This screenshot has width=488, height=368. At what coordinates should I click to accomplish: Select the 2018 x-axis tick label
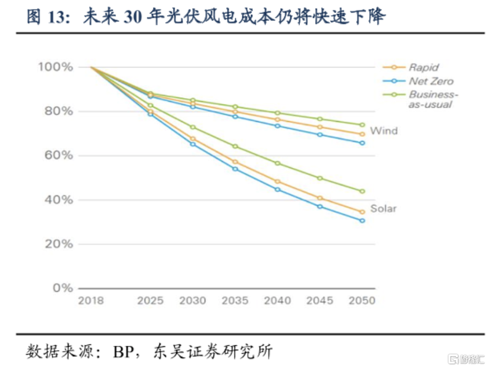(x=91, y=301)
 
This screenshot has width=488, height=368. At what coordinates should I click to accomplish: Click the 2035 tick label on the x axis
(x=235, y=301)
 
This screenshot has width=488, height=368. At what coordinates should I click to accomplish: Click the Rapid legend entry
(x=423, y=67)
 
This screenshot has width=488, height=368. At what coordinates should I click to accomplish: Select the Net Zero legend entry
(x=431, y=81)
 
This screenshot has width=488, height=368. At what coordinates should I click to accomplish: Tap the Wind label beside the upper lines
(x=383, y=131)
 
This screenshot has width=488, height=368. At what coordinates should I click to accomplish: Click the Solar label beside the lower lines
(x=383, y=208)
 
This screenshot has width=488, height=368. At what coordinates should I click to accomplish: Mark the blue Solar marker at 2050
(x=362, y=220)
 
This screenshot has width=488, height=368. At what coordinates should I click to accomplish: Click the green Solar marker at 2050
(x=362, y=191)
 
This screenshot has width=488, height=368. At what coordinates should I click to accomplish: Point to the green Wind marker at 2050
(x=362, y=125)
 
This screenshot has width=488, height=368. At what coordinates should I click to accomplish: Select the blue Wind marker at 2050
(x=362, y=143)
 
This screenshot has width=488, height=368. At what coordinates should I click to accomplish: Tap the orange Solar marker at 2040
(x=278, y=181)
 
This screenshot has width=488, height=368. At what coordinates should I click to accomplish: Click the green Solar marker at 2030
(x=193, y=127)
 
